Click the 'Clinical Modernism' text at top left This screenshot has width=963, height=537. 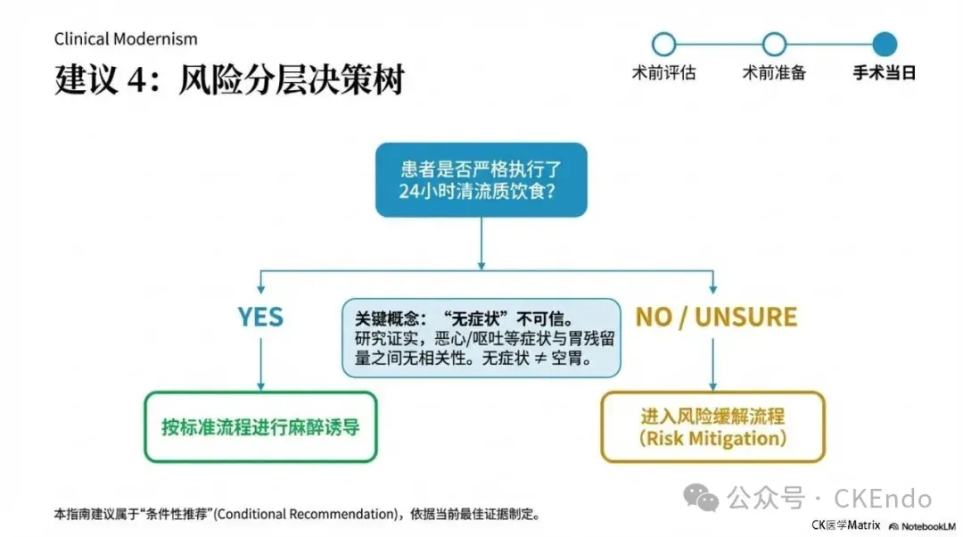pos(126,39)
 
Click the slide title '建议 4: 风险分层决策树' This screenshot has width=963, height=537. pos(229,79)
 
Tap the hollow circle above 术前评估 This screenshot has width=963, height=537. pos(663,44)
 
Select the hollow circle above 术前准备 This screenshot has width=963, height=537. pos(774,44)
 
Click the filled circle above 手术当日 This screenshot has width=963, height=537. pos(885,44)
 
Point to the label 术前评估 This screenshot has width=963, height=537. pos(663,73)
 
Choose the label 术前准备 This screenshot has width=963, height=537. pos(774,73)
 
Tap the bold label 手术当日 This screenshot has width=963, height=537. pos(885,73)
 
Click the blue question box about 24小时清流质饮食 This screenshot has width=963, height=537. pos(481,179)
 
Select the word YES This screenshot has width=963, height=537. pos(260,317)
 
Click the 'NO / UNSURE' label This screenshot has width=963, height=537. pos(716,317)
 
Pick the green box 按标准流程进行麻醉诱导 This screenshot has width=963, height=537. pos(260,426)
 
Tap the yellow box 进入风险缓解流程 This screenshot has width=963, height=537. pos(712,426)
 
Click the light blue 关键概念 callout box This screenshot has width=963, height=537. pos(481,338)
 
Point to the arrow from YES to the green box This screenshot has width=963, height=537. pos(260,361)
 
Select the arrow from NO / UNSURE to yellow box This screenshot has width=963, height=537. pos(712,361)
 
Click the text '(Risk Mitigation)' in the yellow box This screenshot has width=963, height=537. pos(712,439)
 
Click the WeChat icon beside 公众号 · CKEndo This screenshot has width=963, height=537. pos(707,498)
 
